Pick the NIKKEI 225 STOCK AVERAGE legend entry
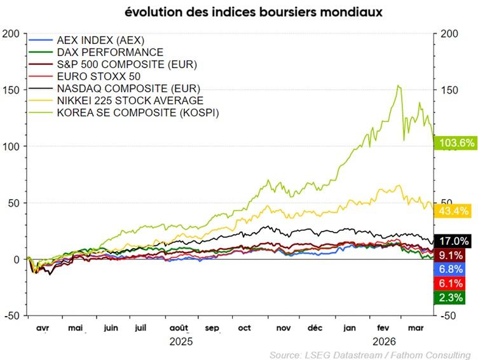pyautogui.click(x=130, y=100)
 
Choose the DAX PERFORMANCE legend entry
pyautogui.click(x=109, y=52)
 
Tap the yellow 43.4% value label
pyautogui.click(x=454, y=211)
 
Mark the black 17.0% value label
pyautogui.click(x=454, y=240)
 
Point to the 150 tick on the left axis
pyautogui.click(x=11, y=90)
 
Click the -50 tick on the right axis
pyautogui.click(x=449, y=316)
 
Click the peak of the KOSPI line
pyautogui.click(x=398, y=85)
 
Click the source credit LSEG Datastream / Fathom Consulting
pyautogui.click(x=370, y=354)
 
